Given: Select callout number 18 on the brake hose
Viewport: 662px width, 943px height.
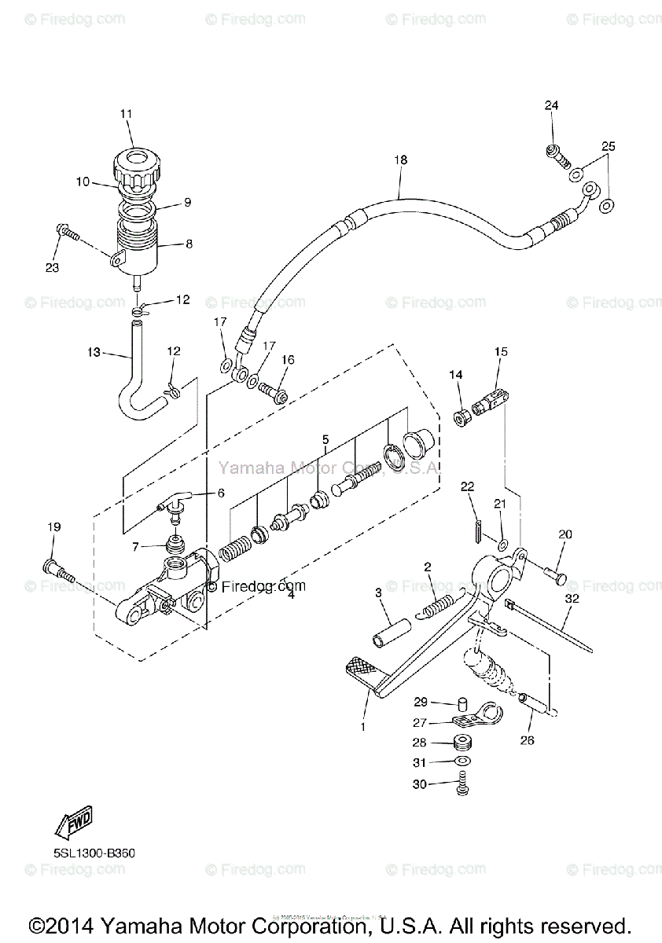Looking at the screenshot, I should (401, 160).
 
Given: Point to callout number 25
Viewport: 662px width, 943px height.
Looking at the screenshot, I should (609, 146).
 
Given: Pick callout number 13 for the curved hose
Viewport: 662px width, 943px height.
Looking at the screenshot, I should (94, 353).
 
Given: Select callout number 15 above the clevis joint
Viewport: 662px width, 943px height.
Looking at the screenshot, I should (501, 352).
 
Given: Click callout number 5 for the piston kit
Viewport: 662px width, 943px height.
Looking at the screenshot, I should (324, 439).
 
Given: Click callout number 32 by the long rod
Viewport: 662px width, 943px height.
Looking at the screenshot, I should (571, 598).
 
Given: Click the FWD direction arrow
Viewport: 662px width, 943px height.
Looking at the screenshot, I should (73, 825).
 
